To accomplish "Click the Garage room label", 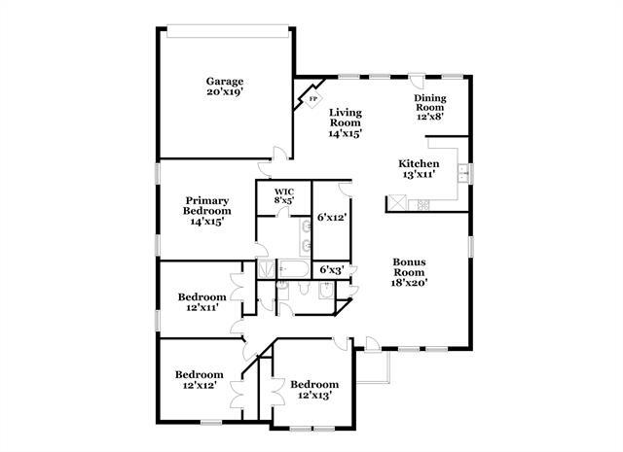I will point(224,82).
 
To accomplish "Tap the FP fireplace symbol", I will point(312,99).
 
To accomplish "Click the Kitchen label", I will point(419,163).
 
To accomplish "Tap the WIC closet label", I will point(283,191).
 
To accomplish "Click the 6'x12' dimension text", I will point(332,218).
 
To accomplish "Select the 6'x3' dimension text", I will point(332,269).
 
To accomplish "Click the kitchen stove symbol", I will point(422,205).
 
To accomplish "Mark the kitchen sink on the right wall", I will point(464,175).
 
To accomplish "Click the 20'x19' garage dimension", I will point(224,92).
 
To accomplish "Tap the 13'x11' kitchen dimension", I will point(419,175).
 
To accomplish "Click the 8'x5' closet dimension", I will point(283,200).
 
